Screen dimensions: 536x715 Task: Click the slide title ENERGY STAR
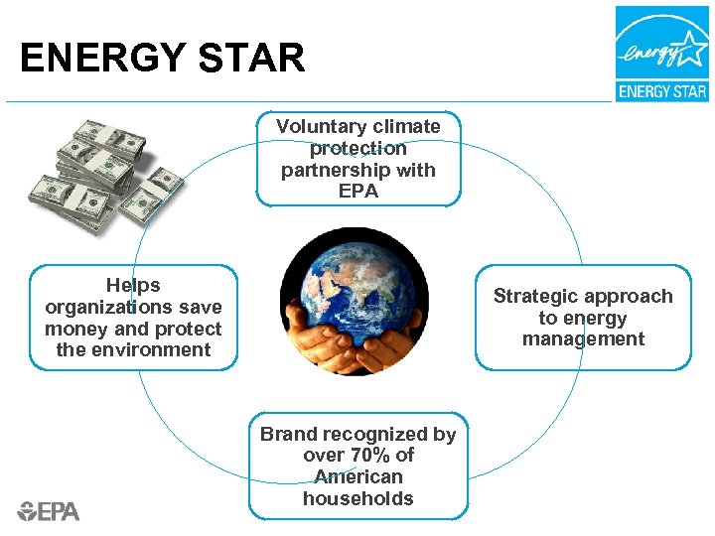coord(162,58)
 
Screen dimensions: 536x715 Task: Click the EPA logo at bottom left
coord(49,511)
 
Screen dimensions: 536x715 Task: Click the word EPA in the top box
coord(358,192)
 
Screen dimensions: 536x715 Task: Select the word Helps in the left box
coord(133,286)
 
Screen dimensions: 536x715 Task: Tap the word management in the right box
coord(583,339)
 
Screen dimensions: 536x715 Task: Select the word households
coord(358,499)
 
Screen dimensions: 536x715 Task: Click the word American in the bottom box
coord(358,477)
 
